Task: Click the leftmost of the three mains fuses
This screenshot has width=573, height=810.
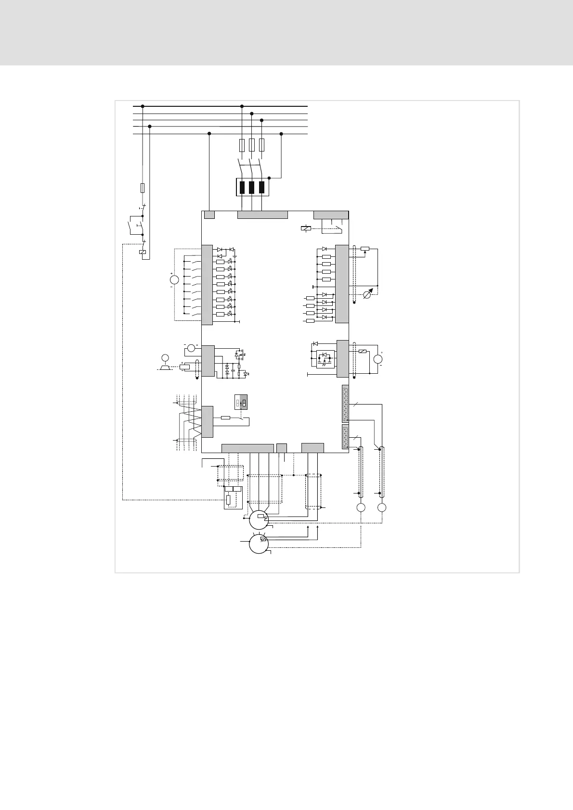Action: [242, 145]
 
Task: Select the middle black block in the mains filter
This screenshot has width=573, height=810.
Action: [252, 187]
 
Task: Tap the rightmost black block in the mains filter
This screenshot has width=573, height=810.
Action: [261, 187]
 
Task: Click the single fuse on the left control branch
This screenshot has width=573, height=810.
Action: [143, 188]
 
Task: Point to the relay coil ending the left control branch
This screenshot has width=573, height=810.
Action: [143, 252]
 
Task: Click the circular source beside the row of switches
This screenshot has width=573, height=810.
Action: [174, 279]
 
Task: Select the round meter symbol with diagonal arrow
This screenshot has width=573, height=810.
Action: [368, 294]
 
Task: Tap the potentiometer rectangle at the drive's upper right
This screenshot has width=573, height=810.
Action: [365, 249]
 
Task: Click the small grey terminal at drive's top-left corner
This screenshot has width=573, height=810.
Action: [209, 215]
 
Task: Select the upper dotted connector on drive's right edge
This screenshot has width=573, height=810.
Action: [345, 404]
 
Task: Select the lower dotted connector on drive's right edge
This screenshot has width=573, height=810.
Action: [345, 437]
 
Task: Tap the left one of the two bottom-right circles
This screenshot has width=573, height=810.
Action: [361, 508]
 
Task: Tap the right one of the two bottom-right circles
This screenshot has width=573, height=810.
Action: [382, 508]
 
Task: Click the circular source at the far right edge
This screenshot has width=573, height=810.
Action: [378, 358]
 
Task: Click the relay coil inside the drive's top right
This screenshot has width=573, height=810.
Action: [306, 228]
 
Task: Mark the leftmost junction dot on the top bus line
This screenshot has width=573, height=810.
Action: [143, 106]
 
